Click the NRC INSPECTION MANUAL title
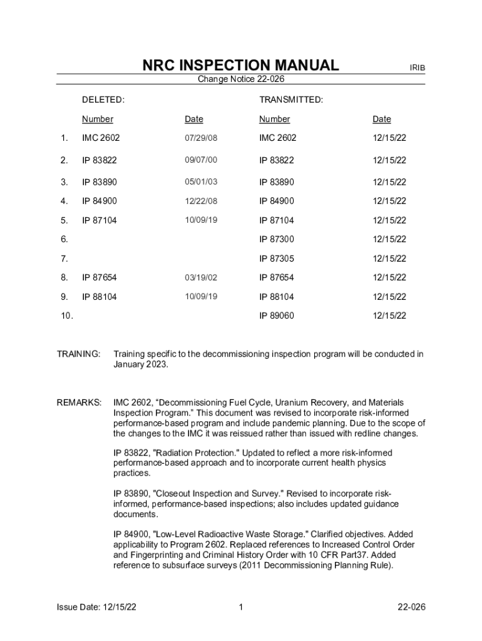240,65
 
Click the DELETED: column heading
103,100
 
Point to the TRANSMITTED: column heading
291,100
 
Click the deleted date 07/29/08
201,138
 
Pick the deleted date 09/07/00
201,160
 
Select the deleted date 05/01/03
201,182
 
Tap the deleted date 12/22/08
201,201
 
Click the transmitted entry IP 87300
277,239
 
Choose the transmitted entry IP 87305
277,259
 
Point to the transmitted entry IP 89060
277,316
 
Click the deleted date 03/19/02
201,277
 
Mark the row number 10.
66,316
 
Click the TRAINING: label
79,354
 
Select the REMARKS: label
79,403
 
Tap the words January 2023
141,365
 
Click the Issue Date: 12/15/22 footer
97,607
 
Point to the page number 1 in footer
241,607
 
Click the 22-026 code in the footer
411,607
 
